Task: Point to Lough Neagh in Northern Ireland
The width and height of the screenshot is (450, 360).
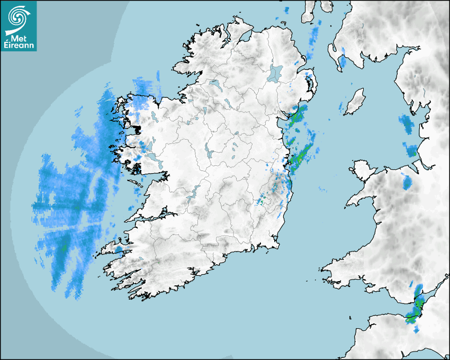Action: [x=276, y=73]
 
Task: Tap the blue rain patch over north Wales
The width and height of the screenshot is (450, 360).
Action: [x=407, y=181]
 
